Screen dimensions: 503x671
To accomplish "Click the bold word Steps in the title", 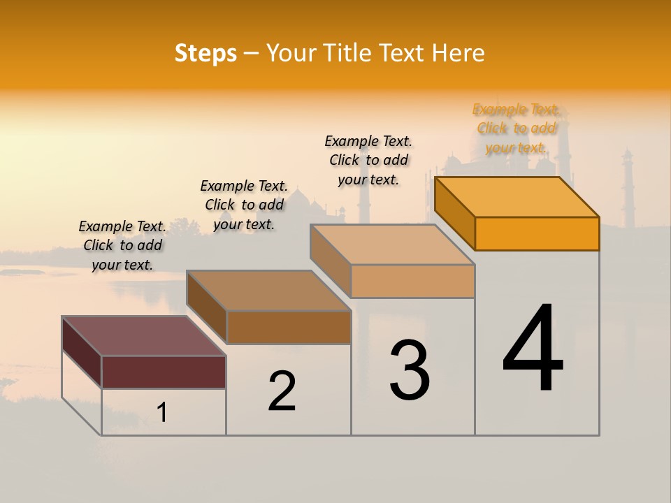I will point(205,53).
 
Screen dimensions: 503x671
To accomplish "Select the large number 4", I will point(533,349).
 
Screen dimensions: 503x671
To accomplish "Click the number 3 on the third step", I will point(410,370).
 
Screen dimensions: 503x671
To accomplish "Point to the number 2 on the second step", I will point(282,391).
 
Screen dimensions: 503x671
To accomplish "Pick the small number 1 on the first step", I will point(162,412).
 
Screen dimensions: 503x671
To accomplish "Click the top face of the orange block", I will point(517,196).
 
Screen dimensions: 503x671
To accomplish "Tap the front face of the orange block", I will point(537,233).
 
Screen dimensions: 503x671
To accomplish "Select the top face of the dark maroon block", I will point(143,335).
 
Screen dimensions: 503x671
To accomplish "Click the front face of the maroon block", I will point(164,372).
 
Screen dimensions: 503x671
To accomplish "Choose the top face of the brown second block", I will point(268,290).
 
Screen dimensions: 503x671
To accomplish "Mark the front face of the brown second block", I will point(289,327).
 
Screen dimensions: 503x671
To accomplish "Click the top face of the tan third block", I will point(393,245).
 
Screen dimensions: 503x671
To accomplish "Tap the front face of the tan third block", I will point(412,281).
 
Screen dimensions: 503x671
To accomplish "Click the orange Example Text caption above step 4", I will point(516,129).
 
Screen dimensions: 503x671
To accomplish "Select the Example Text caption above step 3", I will point(368,160).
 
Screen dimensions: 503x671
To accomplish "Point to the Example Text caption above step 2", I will point(244,205).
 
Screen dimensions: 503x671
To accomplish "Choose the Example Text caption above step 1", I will point(122,245).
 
